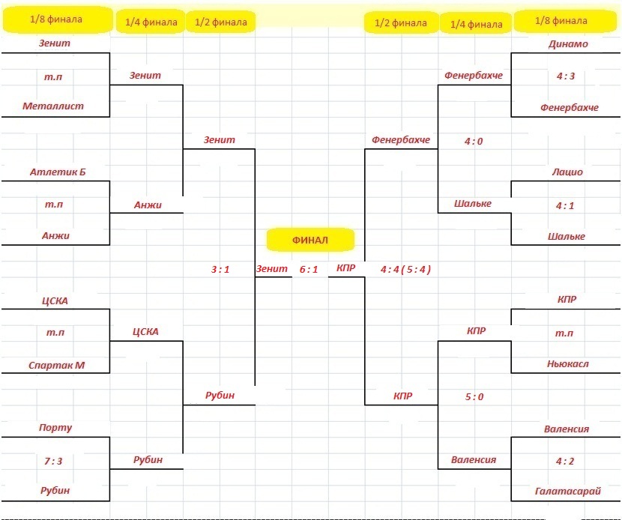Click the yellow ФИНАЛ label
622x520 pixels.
pos(310,240)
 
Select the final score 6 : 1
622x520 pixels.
pos(309,270)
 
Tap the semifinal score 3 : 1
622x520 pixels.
pos(220,270)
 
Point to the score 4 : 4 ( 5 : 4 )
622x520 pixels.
pos(405,270)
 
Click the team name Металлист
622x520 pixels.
pos(53,106)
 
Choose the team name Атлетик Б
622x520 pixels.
pos(58,172)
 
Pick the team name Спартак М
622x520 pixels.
pos(57,365)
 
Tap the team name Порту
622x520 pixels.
pos(55,428)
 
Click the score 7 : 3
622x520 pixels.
pos(53,461)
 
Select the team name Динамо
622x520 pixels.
pos(568,44)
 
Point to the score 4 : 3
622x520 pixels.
pos(566,76)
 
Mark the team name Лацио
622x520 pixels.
pos(567,172)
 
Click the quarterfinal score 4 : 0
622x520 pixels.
pos(474,141)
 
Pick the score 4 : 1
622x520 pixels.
pos(565,206)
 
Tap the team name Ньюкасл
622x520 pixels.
pos(567,363)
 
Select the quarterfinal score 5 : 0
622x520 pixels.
pos(474,396)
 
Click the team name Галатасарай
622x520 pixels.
pos(568,492)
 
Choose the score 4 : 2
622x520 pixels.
pos(565,461)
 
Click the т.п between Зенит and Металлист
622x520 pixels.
pos(53,76)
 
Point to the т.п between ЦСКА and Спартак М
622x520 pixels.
pos(55,333)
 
